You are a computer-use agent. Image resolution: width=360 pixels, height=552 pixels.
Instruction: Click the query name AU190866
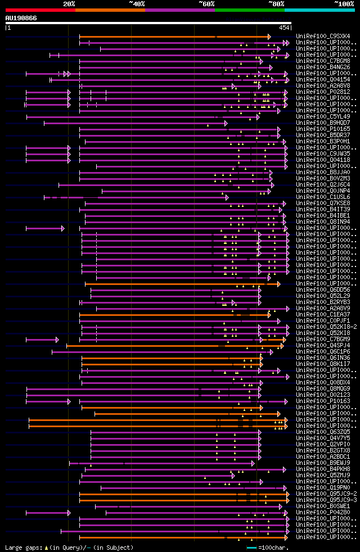coord(21,18)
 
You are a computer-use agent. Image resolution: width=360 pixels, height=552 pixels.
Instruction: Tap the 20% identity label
coord(69,4)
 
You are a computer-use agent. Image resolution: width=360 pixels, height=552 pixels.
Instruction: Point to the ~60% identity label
coord(206,4)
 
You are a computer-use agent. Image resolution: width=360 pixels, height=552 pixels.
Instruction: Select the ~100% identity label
coord(344,4)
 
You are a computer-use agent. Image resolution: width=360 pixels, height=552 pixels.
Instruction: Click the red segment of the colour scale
coord(40,10)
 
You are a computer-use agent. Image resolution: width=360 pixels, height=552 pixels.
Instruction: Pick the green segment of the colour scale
coord(249,10)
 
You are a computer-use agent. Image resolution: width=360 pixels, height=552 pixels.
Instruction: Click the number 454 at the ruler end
coord(284,28)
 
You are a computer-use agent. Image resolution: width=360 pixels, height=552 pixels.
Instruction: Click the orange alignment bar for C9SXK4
coord(174,37)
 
